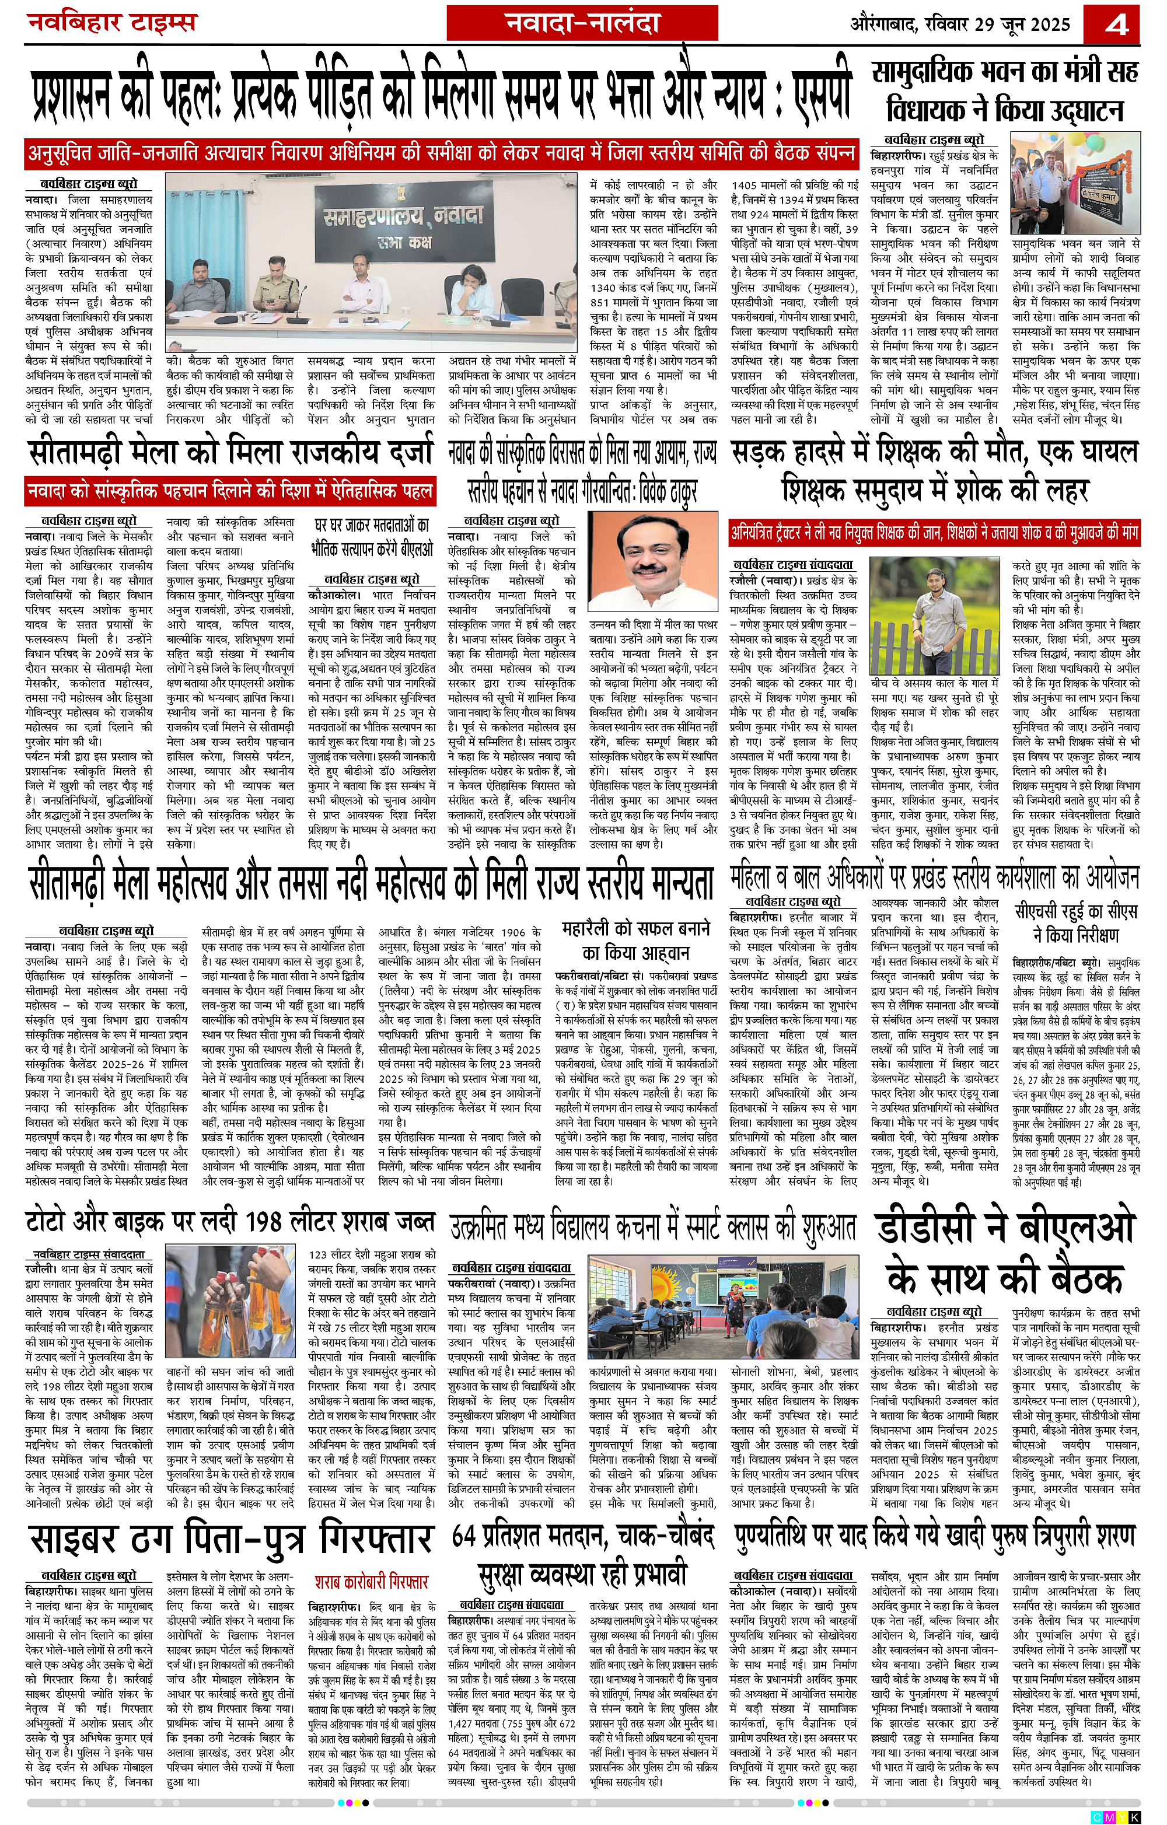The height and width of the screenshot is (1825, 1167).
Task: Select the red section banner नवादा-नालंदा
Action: (582, 23)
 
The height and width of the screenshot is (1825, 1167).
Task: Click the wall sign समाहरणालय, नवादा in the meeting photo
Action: (401, 220)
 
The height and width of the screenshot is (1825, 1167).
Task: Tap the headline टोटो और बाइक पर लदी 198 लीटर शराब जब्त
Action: (230, 1222)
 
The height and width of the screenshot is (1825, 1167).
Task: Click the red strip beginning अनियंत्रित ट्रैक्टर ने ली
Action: (934, 533)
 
